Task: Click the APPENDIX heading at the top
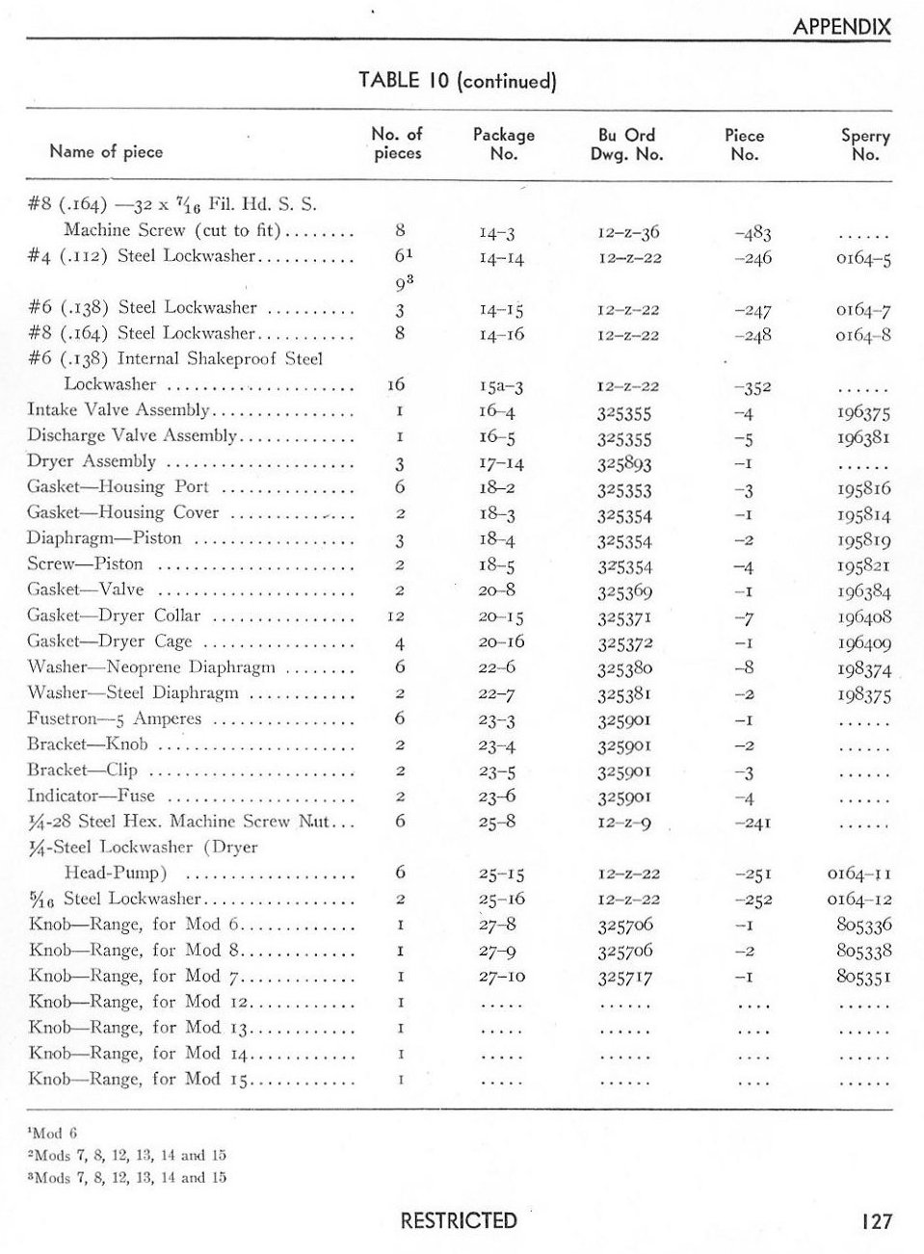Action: click(841, 27)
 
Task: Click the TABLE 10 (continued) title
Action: click(458, 81)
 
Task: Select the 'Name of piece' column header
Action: click(106, 151)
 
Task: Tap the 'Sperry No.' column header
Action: click(864, 144)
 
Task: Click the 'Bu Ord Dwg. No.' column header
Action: click(626, 144)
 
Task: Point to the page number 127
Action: click(876, 1221)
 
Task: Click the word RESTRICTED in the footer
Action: click(459, 1221)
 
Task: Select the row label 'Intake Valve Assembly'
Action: click(118, 410)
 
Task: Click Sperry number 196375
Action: click(864, 413)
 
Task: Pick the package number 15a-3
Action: click(501, 387)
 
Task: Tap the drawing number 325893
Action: click(624, 463)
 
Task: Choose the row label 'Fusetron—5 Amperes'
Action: click(115, 718)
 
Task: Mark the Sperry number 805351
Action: click(864, 977)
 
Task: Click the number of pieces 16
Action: click(397, 384)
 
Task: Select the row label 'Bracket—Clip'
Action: click(83, 771)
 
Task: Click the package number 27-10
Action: click(501, 977)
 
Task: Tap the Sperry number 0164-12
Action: click(859, 900)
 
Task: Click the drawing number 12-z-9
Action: click(624, 823)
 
